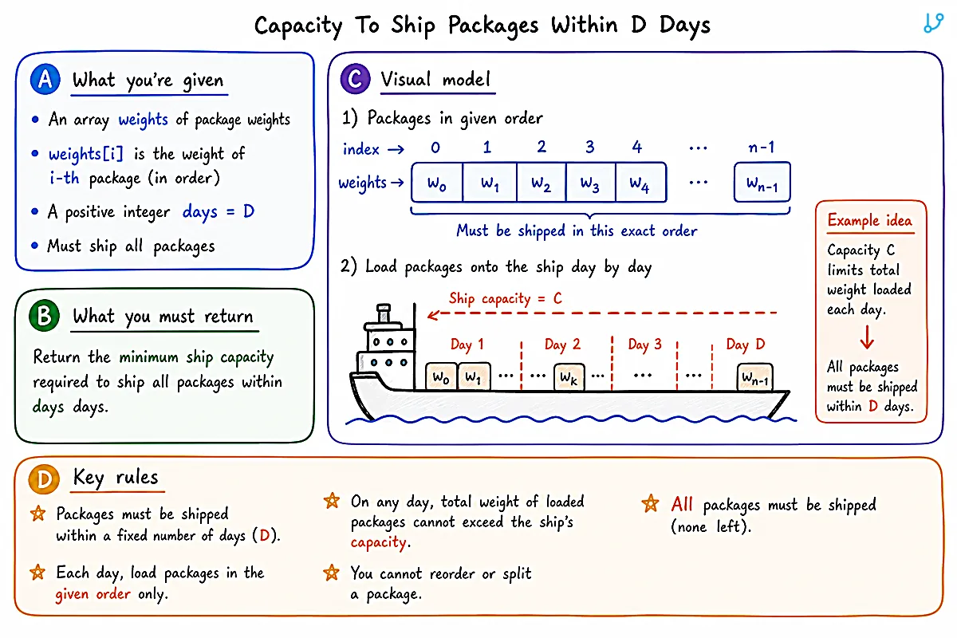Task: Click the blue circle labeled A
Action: (x=45, y=80)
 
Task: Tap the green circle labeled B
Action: (x=45, y=316)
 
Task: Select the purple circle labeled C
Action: (x=356, y=79)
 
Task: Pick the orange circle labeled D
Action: (x=44, y=478)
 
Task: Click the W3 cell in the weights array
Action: (x=590, y=183)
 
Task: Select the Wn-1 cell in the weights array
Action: (x=762, y=183)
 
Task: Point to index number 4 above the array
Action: (x=637, y=147)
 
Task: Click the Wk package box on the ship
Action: (x=569, y=377)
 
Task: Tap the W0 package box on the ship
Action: (x=441, y=377)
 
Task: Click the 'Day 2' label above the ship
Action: (x=562, y=344)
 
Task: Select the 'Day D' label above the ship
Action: (x=745, y=344)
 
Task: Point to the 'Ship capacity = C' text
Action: (x=505, y=297)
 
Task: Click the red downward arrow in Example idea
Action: (x=867, y=337)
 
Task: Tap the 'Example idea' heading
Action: (x=870, y=220)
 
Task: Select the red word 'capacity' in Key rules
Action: (x=378, y=542)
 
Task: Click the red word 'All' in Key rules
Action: (x=681, y=505)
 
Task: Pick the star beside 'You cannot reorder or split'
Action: (x=332, y=573)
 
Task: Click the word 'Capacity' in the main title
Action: (x=298, y=26)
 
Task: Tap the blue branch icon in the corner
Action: (x=934, y=22)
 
